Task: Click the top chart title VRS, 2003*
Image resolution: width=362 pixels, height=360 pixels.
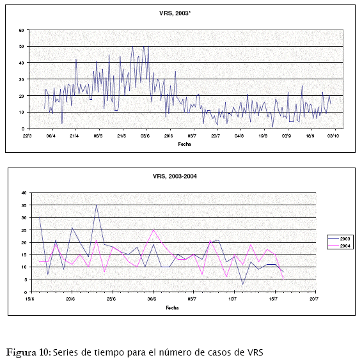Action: [x=175, y=13]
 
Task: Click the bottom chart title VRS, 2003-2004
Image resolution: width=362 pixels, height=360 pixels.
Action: [x=175, y=176]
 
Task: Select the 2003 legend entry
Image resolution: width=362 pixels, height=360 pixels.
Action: [x=340, y=239]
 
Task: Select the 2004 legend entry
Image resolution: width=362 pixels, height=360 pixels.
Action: [x=340, y=246]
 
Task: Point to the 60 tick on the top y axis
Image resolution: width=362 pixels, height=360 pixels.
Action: [x=22, y=30]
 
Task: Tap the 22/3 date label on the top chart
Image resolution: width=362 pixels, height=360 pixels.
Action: [x=27, y=136]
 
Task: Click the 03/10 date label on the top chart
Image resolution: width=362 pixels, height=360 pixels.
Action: [x=333, y=136]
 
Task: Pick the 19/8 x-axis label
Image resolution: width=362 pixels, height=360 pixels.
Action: [x=263, y=136]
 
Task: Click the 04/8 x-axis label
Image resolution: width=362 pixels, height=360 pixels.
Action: [x=239, y=136]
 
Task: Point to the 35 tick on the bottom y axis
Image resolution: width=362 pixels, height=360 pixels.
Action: [x=24, y=205]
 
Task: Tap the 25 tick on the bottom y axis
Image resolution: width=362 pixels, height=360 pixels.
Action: [x=24, y=230]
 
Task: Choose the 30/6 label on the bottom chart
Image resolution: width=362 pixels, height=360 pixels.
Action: [x=152, y=299]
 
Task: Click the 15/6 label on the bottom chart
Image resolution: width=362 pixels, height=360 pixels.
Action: [x=29, y=299]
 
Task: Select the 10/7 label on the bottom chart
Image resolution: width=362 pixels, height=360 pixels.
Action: [x=233, y=299]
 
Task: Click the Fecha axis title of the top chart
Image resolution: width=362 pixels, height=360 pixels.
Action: [x=184, y=144]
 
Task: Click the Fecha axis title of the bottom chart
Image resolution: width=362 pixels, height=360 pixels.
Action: [x=172, y=308]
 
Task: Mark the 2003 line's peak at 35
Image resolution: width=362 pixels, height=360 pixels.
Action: [x=97, y=205]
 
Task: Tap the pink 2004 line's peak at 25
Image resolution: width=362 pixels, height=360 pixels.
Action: [x=153, y=230]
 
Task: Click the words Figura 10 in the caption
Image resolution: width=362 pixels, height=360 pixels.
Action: [x=28, y=352]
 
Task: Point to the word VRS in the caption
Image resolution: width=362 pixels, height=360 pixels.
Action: [x=255, y=352]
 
